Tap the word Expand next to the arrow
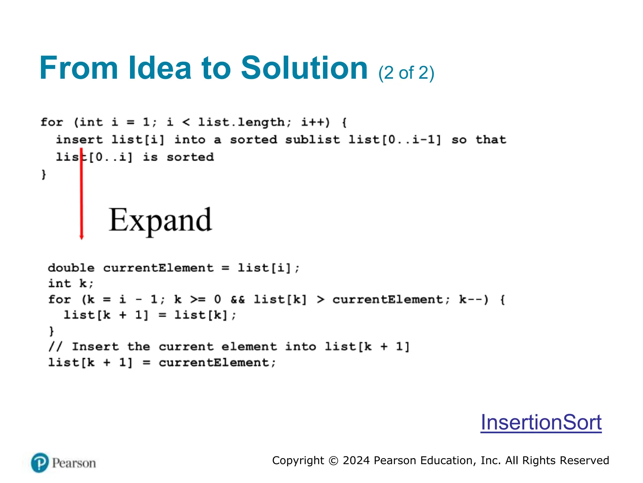pyautogui.click(x=160, y=220)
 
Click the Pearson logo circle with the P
pyautogui.click(x=40, y=463)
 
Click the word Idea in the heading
pyautogui.click(x=160, y=68)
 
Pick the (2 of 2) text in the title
pyautogui.click(x=406, y=73)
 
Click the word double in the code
pyautogui.click(x=71, y=268)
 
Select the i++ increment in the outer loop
pyautogui.click(x=315, y=122)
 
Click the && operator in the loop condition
pyautogui.click(x=237, y=299)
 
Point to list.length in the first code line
pyautogui.click(x=241, y=122)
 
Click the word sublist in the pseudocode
pyautogui.click(x=312, y=140)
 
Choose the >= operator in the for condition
pyautogui.click(x=197, y=299)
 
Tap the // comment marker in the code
pyautogui.click(x=56, y=347)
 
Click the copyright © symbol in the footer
pyautogui.click(x=333, y=461)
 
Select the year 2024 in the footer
pyautogui.click(x=356, y=460)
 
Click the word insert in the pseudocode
pyautogui.click(x=79, y=140)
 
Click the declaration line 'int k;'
pyautogui.click(x=71, y=284)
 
